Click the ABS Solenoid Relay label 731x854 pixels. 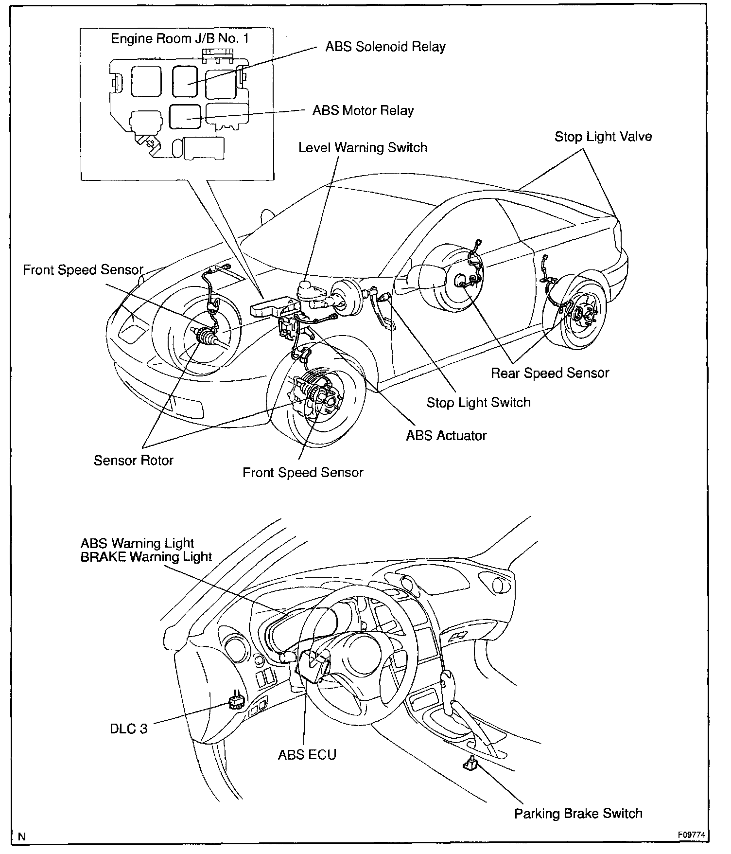385,47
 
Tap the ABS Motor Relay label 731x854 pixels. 363,110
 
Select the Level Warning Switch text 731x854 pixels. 363,147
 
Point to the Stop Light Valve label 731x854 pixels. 603,137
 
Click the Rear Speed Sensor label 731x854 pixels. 550,373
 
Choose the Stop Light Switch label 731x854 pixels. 478,403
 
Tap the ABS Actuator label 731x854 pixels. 446,435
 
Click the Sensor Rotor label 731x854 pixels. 134,460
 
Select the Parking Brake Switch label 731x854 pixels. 578,814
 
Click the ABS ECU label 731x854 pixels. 307,755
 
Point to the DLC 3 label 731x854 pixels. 128,729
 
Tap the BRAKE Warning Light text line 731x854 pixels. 146,556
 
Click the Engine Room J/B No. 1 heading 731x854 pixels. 180,38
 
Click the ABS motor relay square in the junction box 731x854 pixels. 185,117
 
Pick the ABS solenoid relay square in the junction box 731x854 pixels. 185,82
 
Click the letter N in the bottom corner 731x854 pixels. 21,837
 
